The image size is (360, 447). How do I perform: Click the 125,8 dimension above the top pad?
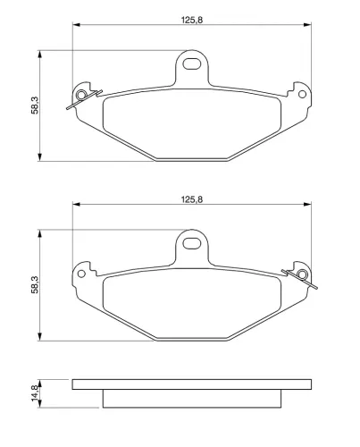(192, 20)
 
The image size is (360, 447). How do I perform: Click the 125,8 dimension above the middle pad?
(192, 199)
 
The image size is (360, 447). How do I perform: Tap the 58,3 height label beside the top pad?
(35, 105)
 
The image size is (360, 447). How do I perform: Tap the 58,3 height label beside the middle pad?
(35, 285)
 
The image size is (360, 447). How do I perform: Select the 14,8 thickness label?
(35, 392)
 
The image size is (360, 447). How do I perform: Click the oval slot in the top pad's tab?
(191, 63)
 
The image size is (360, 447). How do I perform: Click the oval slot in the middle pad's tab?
(191, 243)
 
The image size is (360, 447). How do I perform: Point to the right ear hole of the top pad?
(302, 95)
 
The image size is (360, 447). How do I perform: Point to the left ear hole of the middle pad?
(81, 274)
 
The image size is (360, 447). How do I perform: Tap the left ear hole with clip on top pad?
(81, 95)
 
